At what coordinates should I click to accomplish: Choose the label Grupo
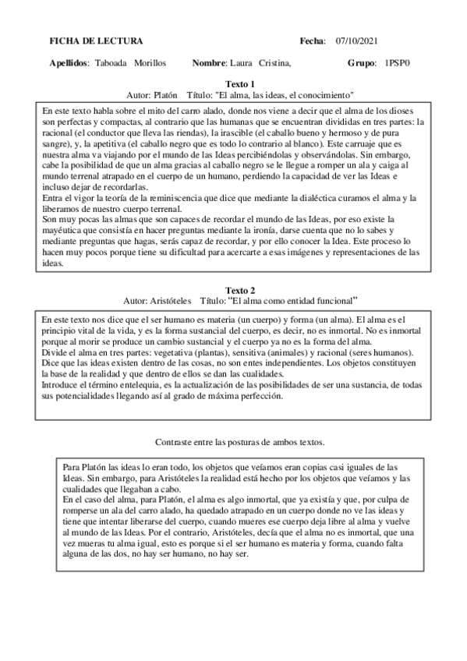361,62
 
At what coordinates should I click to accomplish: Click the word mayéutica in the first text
65,232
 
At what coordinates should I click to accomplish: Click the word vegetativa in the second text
159,353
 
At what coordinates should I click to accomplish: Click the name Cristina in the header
275,62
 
